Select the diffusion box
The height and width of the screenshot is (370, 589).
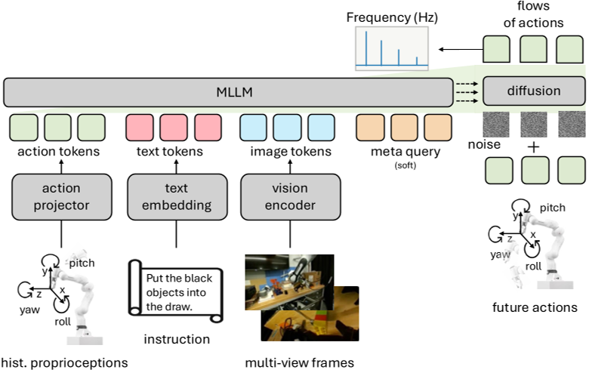pos(534,91)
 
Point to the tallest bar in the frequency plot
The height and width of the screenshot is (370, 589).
pos(365,50)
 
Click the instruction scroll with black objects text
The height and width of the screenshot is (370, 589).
pos(174,287)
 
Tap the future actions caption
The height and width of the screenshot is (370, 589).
pos(534,307)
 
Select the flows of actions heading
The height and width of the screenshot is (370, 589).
pos(533,14)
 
